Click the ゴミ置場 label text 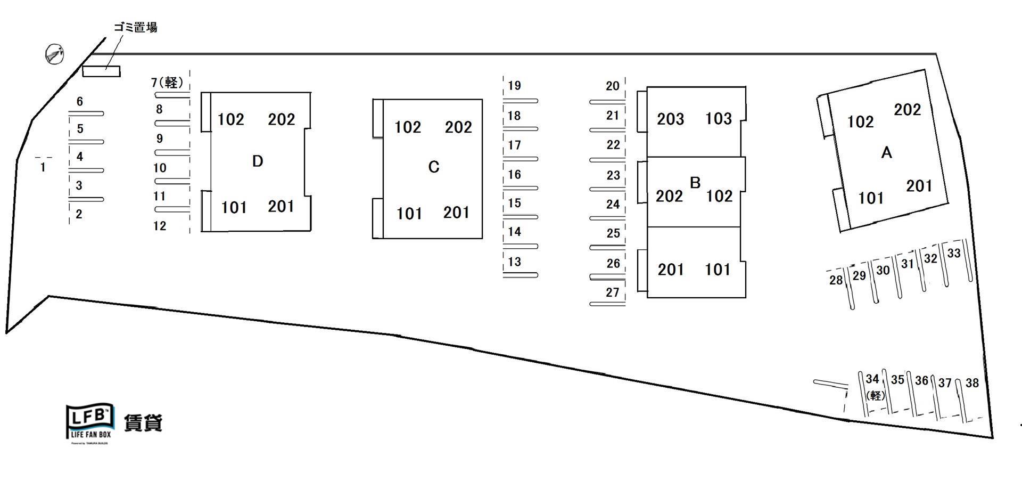tap(136, 27)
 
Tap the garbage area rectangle tap(101, 71)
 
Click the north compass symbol tap(54, 54)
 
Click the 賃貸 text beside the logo tap(143, 423)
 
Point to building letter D tap(258, 161)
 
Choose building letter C tap(434, 167)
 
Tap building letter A tap(886, 153)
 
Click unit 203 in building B tap(670, 119)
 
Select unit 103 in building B tap(719, 118)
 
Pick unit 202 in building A tap(908, 110)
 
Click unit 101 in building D tap(234, 207)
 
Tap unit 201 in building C tap(457, 213)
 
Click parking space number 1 tap(43, 167)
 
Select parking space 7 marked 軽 tap(167, 83)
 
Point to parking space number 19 tap(514, 85)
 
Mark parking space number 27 tap(613, 292)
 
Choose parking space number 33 tap(954, 253)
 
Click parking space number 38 tap(972, 382)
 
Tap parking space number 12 tap(160, 226)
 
